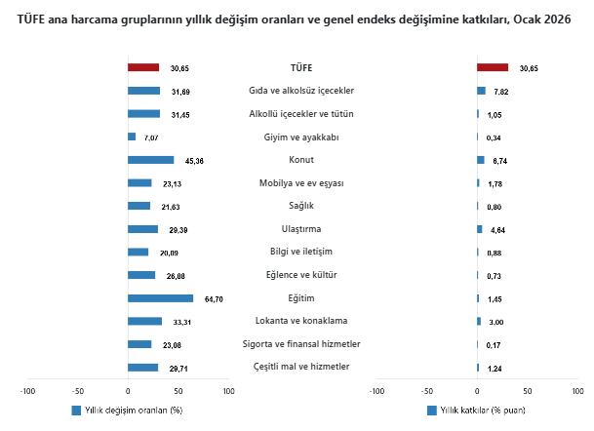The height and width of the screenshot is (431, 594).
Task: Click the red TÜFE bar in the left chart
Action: (143, 67)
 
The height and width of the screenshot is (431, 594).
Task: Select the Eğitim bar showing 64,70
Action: (160, 298)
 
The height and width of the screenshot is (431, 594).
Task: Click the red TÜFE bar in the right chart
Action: (493, 67)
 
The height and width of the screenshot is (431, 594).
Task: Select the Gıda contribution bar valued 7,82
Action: (481, 91)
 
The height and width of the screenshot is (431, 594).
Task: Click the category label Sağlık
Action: (301, 206)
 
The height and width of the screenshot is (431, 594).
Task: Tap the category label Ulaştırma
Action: (301, 229)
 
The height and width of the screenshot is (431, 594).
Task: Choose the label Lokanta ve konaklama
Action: (301, 321)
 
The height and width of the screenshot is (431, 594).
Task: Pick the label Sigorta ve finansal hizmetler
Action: (301, 344)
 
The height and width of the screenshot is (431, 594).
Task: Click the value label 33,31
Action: (181, 322)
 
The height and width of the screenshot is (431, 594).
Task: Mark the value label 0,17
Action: (494, 345)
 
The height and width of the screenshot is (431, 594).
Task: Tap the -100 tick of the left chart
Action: (27, 391)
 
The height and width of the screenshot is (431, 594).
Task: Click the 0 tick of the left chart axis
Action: (128, 391)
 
